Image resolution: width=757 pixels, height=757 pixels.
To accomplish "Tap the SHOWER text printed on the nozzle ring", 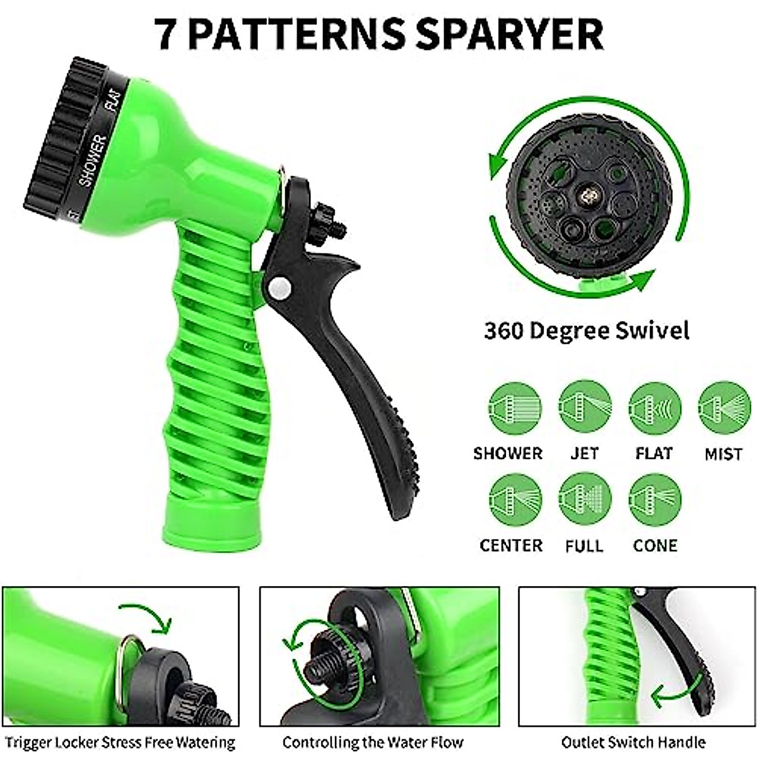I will pyautogui.click(x=92, y=161).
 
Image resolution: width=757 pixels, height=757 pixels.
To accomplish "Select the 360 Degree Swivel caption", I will pyautogui.click(x=586, y=331).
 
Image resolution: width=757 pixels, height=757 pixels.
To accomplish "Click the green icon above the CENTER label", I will pyautogui.click(x=515, y=499).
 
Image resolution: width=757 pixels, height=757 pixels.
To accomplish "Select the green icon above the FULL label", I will pyautogui.click(x=585, y=499).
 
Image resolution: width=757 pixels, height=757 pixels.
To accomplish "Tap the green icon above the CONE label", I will pyautogui.click(x=655, y=499).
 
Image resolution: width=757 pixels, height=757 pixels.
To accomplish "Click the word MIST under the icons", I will pyautogui.click(x=723, y=454).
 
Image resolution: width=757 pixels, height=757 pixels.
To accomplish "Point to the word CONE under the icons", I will pyautogui.click(x=655, y=546).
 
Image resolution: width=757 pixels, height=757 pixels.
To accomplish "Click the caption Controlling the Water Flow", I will pyautogui.click(x=373, y=742).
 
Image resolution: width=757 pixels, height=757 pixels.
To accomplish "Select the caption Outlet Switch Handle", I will pyautogui.click(x=633, y=742).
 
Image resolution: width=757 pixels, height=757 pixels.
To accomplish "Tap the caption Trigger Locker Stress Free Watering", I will pyautogui.click(x=120, y=742).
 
